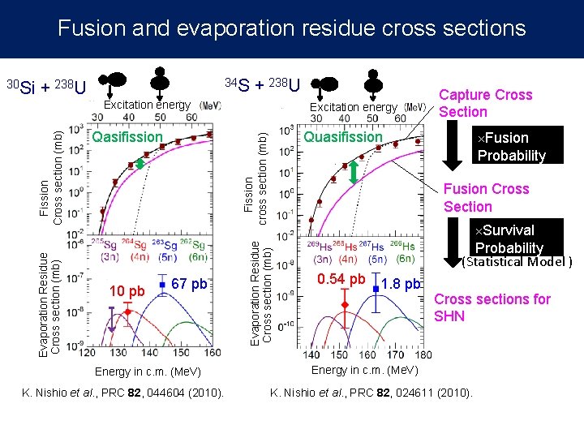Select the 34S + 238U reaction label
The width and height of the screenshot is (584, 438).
[x=262, y=84]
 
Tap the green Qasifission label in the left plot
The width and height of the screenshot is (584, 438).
[x=127, y=137]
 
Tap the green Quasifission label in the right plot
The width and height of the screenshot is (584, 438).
[x=342, y=137]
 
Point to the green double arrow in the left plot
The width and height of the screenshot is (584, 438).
[x=140, y=164]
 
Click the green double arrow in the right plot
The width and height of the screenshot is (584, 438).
[x=354, y=173]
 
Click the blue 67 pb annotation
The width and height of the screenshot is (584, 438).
[x=190, y=284]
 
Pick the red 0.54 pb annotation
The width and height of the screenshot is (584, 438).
[x=341, y=280]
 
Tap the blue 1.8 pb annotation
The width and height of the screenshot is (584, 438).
[x=401, y=284]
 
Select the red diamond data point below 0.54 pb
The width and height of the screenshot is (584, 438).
[x=345, y=305]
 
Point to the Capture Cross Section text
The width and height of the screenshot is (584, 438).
[x=485, y=103]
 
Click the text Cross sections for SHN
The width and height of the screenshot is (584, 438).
[x=492, y=307]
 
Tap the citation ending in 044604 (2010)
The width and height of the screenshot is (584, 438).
[x=123, y=393]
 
